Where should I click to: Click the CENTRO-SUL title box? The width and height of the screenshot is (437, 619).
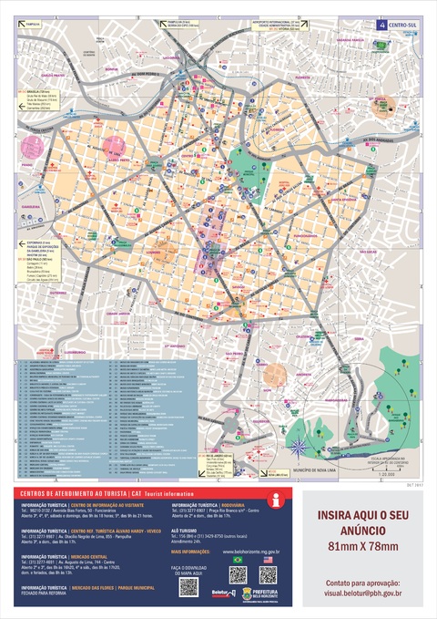(399, 26)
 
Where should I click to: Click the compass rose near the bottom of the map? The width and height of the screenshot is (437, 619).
(298, 446)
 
